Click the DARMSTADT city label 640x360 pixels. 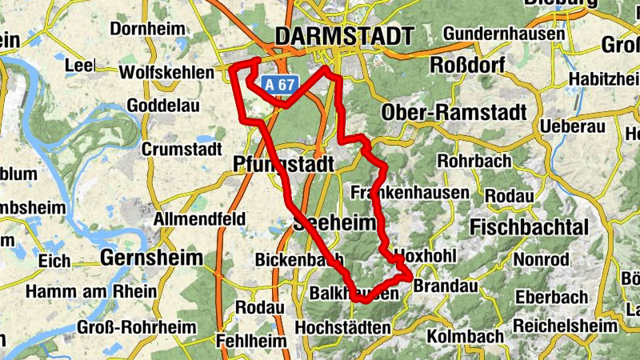(344, 36)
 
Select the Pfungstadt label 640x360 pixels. (282, 165)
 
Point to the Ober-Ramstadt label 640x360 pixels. (454, 113)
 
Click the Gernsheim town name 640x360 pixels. (148, 258)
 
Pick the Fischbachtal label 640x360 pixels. (530, 226)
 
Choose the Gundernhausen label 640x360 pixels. (498, 34)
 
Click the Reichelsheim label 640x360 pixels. (566, 326)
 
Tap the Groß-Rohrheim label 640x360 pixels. (126, 327)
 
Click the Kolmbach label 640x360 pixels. (466, 336)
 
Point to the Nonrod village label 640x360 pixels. (541, 260)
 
